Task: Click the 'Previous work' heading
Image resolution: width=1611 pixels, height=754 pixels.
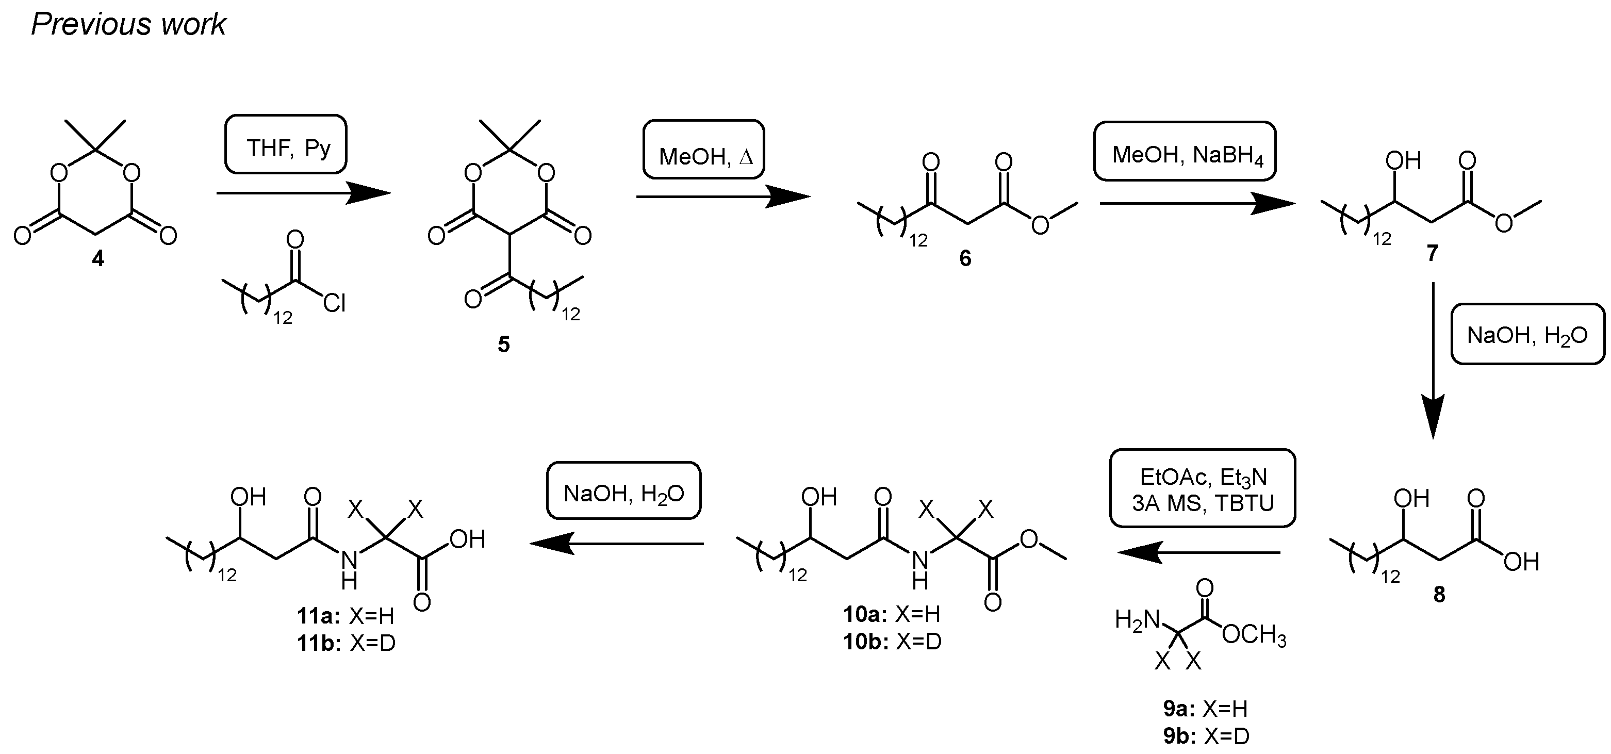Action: pos(128,25)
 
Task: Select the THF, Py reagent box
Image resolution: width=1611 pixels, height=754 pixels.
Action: pos(286,144)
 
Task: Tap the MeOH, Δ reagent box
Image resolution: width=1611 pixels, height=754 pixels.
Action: pos(703,150)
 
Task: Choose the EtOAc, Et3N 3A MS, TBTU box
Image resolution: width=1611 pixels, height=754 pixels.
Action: pos(1202,488)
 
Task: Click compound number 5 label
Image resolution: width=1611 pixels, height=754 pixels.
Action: pos(503,344)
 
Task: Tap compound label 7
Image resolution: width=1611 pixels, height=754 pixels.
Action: pos(1432,253)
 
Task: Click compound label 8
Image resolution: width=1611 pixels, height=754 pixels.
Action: pos(1439,595)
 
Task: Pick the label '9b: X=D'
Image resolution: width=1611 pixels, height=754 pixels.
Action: pos(1206,736)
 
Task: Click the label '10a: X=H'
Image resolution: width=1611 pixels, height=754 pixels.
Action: pos(892,615)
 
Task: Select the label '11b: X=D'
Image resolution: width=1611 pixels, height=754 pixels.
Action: pos(347,643)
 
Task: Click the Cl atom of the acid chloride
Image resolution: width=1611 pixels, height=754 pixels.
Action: pos(335,304)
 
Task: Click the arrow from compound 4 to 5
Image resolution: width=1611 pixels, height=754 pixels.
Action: pos(303,193)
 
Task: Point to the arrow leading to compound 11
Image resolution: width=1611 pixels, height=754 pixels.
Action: pos(616,543)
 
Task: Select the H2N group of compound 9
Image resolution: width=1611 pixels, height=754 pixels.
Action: pos(1137,620)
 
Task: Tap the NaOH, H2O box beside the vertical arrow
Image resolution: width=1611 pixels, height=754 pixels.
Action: pos(1526,335)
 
